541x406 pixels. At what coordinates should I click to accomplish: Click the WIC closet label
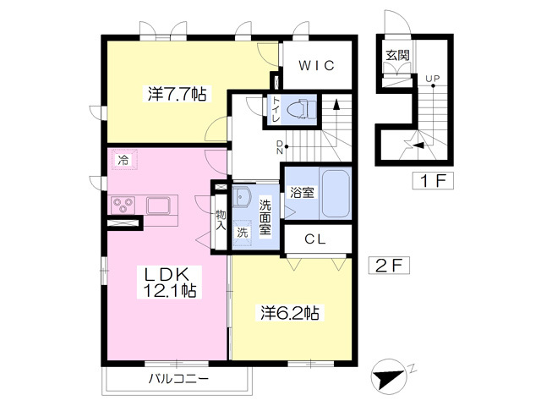tap(316, 65)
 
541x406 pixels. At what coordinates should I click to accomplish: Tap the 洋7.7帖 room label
tap(178, 94)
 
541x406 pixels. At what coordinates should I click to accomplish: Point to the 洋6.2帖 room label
tap(289, 313)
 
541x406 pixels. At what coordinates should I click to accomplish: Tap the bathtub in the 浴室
tap(335, 193)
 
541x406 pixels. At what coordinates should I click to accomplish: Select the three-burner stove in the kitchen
tap(123, 205)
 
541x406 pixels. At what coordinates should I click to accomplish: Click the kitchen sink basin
tap(158, 205)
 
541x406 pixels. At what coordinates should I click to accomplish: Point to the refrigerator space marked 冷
tap(123, 160)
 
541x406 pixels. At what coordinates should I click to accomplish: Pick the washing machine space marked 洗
tap(243, 233)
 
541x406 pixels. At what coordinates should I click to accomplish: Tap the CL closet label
tap(315, 239)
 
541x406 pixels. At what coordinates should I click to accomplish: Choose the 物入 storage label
tap(221, 220)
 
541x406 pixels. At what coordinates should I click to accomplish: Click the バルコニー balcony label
tap(178, 379)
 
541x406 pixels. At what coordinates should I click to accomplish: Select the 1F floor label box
tap(433, 180)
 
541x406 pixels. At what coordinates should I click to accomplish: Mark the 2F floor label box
tap(389, 266)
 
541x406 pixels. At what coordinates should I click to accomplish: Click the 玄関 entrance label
tap(397, 55)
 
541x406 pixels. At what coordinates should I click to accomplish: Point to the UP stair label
tap(432, 79)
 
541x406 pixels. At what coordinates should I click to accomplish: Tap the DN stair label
tap(280, 146)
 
